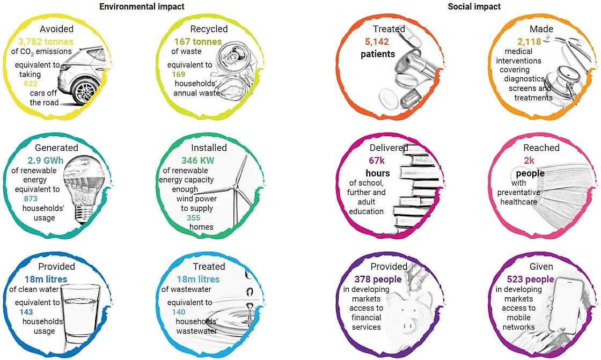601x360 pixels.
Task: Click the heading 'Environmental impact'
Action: [x=142, y=6]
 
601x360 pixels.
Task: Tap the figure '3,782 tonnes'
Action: [x=46, y=41]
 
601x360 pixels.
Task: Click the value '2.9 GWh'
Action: [x=45, y=160]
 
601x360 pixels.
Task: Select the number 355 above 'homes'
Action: [x=194, y=218]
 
